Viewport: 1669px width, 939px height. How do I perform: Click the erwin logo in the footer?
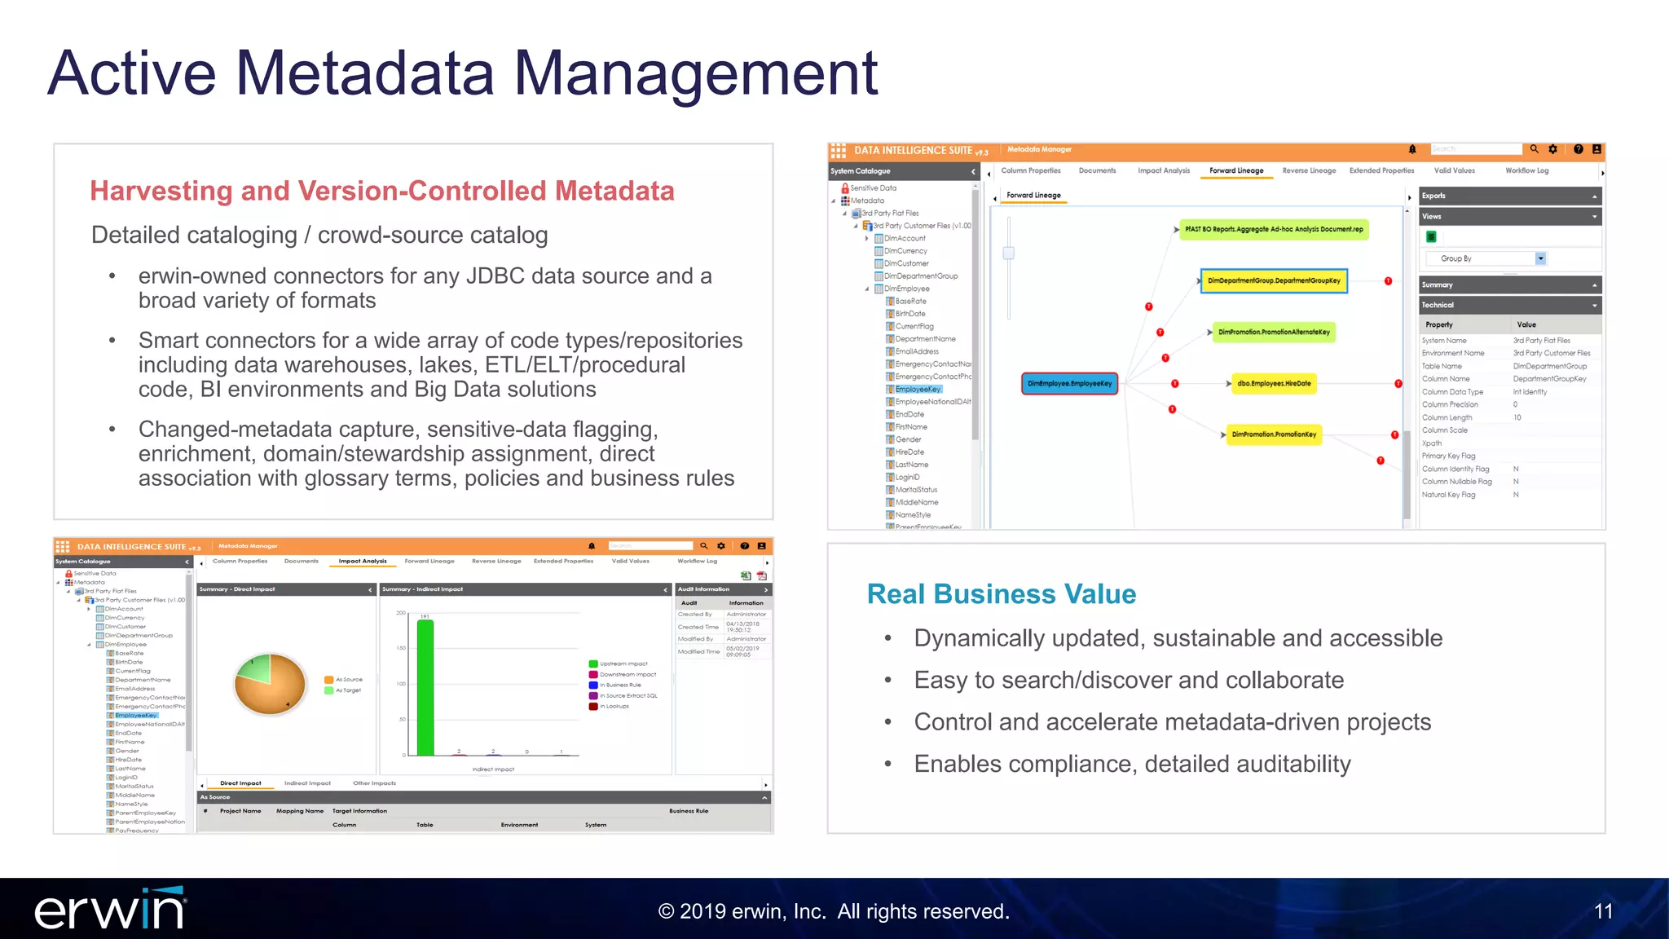point(110,910)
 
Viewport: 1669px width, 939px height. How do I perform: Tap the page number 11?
point(1603,911)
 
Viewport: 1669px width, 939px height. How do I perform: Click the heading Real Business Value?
point(1001,594)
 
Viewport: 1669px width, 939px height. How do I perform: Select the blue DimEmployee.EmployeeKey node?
point(1069,383)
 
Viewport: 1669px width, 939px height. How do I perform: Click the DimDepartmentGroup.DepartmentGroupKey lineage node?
point(1274,280)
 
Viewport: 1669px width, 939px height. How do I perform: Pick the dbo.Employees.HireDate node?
point(1274,383)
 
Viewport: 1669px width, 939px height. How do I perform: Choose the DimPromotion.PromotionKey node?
point(1274,434)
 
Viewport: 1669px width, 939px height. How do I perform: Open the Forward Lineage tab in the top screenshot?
point(1235,171)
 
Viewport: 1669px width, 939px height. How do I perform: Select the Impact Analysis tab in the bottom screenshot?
point(363,562)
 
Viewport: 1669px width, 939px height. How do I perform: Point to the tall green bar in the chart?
point(425,687)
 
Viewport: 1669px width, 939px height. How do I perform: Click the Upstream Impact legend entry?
point(623,663)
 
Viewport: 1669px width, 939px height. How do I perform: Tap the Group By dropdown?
point(1484,258)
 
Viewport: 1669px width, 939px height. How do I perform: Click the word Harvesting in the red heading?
point(161,191)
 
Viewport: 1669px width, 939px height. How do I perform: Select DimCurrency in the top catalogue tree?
point(905,251)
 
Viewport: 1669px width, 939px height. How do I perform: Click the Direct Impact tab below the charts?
point(240,783)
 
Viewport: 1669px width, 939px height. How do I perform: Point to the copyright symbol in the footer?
point(666,911)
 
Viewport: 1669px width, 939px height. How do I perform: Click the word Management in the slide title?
point(695,73)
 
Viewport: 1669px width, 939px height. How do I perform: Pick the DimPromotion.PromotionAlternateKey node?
point(1274,332)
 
